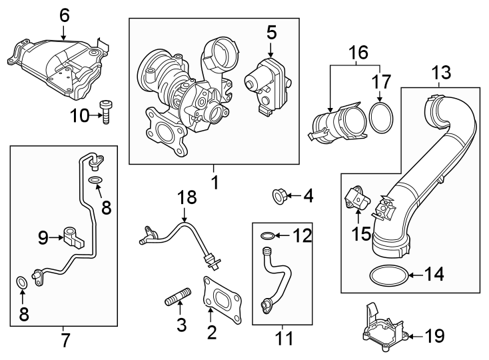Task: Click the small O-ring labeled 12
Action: [266, 235]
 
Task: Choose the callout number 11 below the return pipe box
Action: [284, 338]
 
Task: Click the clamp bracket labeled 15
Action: [356, 198]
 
